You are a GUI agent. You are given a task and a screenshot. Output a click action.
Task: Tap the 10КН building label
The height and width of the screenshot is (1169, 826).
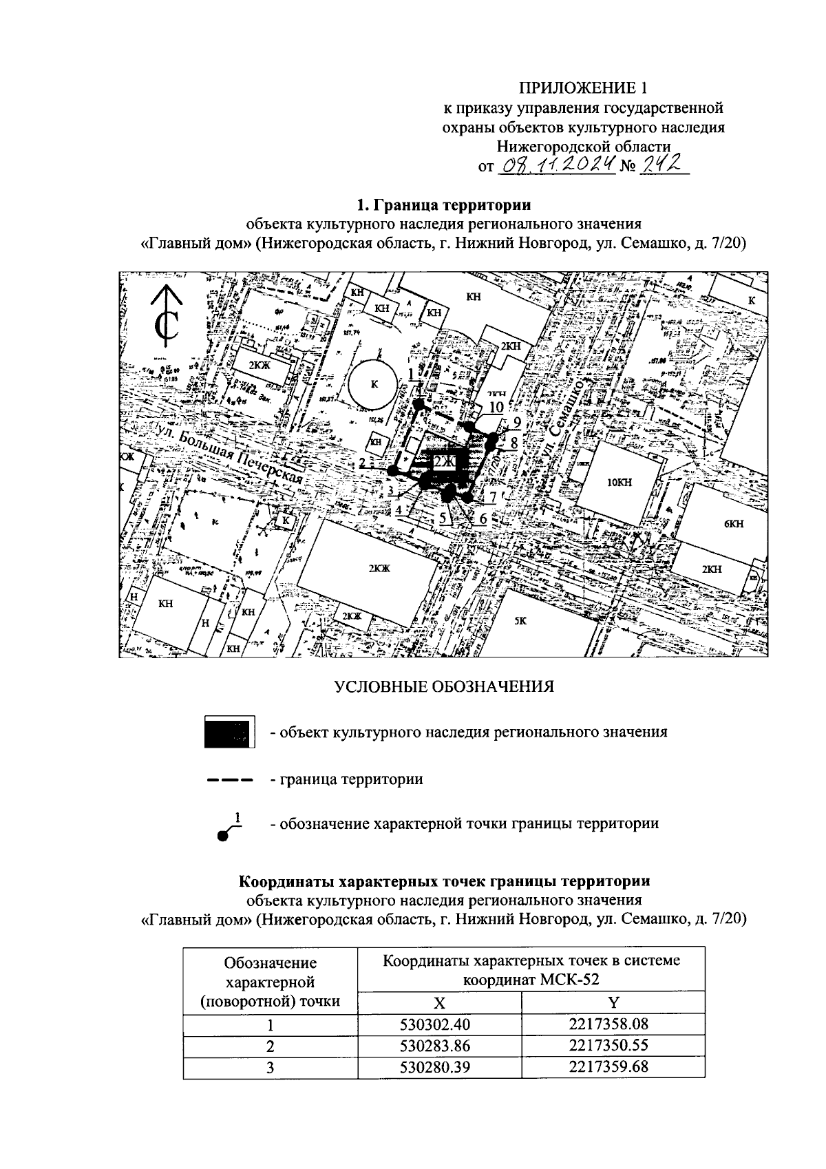617,483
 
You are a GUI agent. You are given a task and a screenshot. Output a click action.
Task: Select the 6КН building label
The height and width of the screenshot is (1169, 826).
734,524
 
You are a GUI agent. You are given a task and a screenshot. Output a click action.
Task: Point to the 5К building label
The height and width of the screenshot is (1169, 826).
521,620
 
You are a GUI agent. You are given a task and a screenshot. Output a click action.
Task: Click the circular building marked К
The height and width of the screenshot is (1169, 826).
374,384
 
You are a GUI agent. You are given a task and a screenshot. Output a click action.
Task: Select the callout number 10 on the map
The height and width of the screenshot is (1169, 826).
496,408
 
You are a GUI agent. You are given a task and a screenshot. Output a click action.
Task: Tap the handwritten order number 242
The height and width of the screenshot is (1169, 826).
663,165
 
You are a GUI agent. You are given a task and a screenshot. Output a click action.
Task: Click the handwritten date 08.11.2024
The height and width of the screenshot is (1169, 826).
556,165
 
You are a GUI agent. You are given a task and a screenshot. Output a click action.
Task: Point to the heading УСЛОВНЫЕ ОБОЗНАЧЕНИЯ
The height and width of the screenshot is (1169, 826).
444,686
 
